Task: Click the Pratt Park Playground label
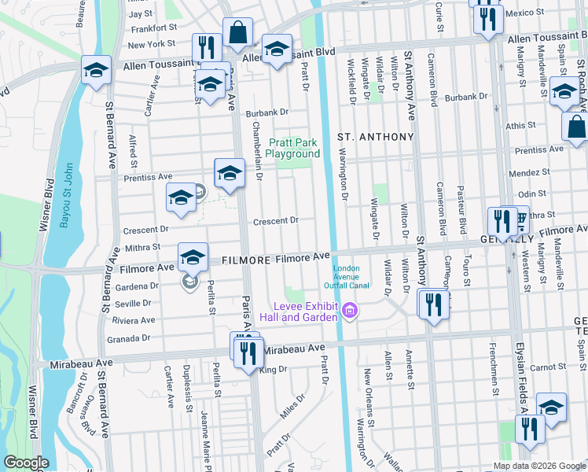pos(294,148)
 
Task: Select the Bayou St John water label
pos(66,194)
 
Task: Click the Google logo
pos(27,463)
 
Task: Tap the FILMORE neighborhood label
pos(250,259)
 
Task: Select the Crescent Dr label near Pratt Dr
pos(276,221)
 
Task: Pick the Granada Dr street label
pos(130,337)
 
